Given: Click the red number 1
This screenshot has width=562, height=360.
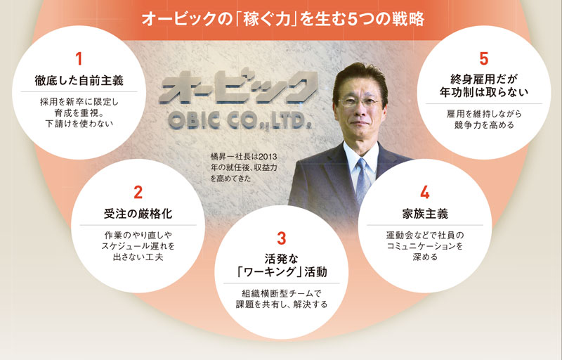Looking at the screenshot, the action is [79, 59].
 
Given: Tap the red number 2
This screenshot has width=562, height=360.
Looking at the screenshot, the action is [138, 192].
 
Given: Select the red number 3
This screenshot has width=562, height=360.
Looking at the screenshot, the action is [282, 238].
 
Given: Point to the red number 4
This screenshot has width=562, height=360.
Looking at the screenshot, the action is [425, 192].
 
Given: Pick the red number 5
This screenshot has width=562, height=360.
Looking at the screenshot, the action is [484, 59].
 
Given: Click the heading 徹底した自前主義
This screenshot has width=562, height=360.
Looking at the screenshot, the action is [79, 80].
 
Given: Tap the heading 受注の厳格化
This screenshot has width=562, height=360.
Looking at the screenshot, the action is [138, 214].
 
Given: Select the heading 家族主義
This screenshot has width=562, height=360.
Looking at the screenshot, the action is [425, 214].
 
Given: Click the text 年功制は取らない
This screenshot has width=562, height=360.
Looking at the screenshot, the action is [484, 92].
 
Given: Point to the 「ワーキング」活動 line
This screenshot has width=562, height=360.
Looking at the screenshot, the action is [282, 272].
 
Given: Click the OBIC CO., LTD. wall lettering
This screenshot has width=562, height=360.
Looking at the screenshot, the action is [240, 121].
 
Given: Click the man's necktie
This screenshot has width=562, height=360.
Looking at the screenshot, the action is [362, 181].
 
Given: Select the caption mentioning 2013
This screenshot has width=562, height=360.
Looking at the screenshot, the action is [244, 167].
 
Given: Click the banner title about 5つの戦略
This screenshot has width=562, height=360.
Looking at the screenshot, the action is [283, 19].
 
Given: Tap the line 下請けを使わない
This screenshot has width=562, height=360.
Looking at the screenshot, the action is [79, 124].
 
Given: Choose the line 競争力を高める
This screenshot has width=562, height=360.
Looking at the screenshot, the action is [484, 124].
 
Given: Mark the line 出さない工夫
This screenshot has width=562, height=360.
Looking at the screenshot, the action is [138, 257].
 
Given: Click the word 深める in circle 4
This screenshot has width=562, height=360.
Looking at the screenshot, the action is [425, 257].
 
